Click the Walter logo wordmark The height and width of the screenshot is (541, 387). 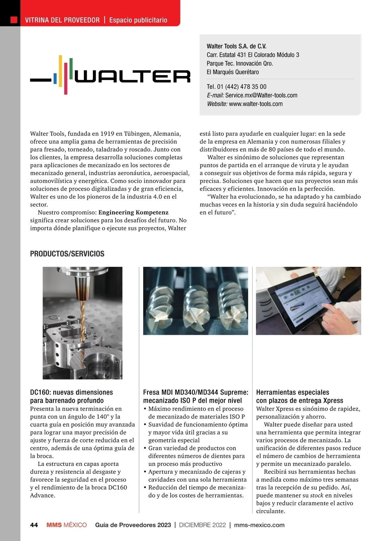point(132,77)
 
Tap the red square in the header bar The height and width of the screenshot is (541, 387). point(14,20)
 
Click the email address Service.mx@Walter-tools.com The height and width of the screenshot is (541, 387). point(261,95)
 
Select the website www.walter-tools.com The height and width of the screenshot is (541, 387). point(256,104)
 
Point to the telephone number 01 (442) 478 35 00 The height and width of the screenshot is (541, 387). point(241,87)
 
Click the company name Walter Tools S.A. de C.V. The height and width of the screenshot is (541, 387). point(236,46)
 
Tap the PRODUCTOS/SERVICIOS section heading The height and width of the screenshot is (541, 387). point(67,254)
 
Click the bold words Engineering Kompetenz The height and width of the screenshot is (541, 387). point(134,213)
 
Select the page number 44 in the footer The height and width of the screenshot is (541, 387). point(34,525)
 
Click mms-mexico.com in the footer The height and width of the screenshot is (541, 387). point(259,525)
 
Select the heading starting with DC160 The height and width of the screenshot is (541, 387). point(72,396)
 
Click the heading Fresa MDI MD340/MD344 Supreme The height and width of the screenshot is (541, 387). point(195,393)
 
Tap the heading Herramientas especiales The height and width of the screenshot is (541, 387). point(293,393)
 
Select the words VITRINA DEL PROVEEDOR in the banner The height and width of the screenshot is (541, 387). point(62,20)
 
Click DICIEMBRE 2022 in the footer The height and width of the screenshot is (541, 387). point(203,525)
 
